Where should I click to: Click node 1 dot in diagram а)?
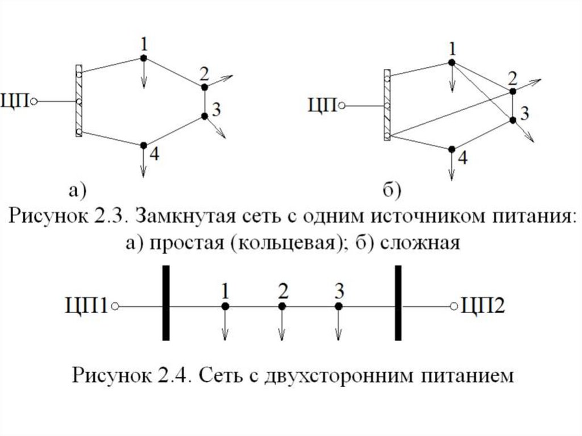143,58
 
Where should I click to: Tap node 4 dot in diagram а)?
143,145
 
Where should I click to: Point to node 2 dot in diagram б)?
512,90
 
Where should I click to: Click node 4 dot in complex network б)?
451,149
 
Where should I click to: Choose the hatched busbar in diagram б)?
387,105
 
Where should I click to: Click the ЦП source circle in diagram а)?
34,102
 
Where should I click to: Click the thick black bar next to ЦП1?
165,302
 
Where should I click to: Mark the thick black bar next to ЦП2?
398,302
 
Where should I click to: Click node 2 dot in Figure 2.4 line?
281,306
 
